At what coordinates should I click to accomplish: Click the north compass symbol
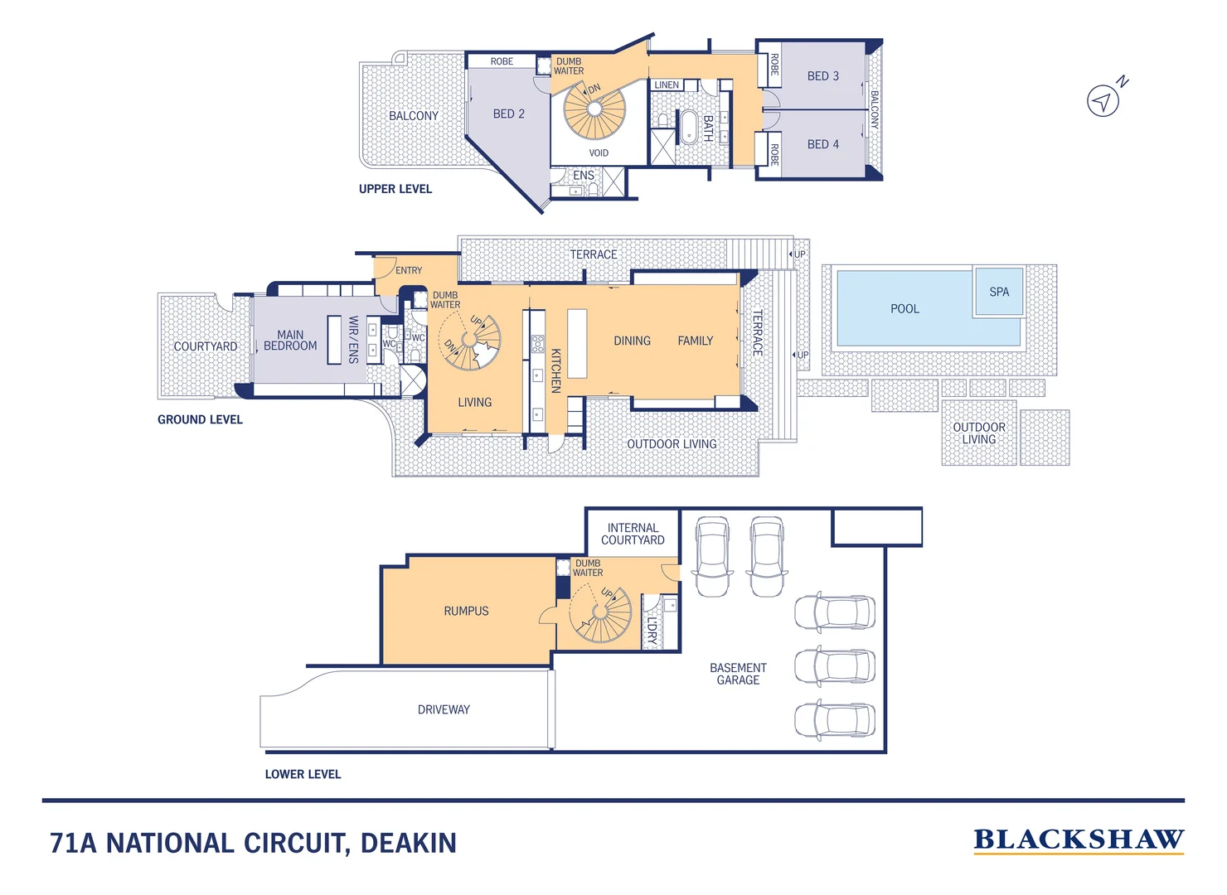1103,100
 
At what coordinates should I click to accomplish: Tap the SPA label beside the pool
999,292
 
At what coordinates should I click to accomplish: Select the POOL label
904,308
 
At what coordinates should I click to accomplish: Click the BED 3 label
822,76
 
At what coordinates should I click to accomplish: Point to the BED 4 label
822,144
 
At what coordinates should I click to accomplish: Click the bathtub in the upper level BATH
688,128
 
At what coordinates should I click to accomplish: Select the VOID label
599,153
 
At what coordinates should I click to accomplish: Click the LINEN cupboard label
667,85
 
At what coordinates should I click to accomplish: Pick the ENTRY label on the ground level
408,270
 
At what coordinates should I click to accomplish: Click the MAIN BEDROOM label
290,341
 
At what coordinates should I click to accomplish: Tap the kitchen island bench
577,343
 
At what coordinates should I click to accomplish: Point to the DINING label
632,341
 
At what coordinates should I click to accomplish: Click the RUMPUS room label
466,611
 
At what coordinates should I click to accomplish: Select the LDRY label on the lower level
652,631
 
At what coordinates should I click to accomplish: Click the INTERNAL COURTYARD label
633,534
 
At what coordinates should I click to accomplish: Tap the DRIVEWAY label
444,709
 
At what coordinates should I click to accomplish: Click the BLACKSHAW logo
1078,840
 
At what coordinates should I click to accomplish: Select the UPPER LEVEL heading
395,189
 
